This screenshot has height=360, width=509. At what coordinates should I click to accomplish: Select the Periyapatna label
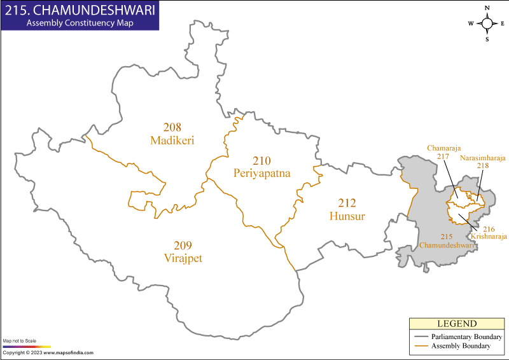point(261,172)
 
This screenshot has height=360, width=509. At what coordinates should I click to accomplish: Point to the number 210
point(261,160)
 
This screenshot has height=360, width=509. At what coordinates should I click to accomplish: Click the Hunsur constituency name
point(347,216)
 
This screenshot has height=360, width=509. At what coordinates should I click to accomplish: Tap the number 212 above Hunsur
point(347,204)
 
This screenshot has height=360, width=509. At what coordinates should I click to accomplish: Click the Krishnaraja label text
point(489,236)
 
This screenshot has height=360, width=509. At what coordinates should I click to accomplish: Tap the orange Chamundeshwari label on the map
point(446,245)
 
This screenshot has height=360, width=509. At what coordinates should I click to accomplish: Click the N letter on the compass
point(487,8)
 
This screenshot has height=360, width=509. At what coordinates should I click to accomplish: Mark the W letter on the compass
point(471,24)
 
